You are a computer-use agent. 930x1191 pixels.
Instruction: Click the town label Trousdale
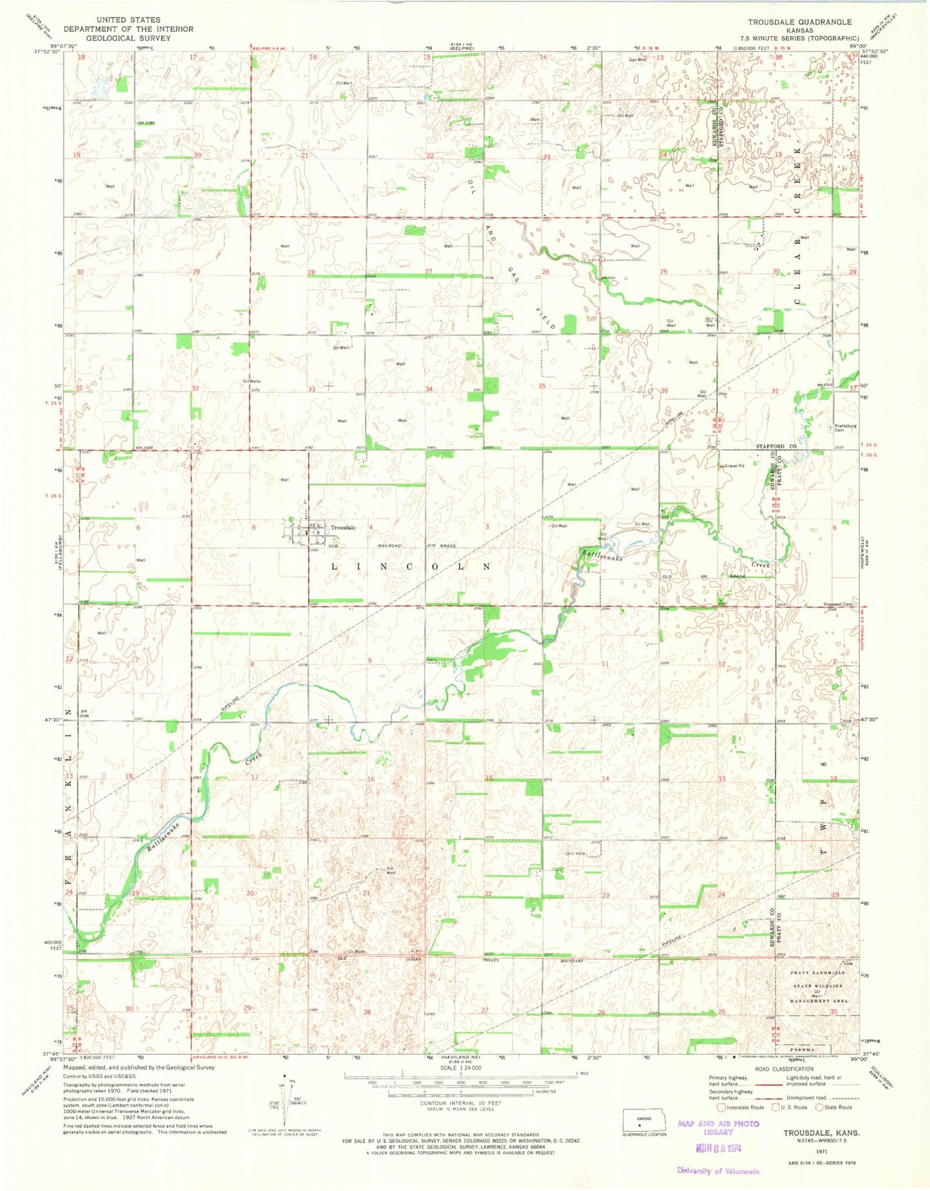(342, 528)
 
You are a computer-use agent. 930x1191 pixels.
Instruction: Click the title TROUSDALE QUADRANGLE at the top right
(799, 22)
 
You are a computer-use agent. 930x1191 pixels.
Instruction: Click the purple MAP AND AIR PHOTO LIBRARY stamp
(718, 1128)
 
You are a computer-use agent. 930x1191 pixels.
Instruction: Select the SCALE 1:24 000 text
(460, 1067)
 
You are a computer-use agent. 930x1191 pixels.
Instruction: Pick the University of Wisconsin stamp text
(718, 1170)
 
